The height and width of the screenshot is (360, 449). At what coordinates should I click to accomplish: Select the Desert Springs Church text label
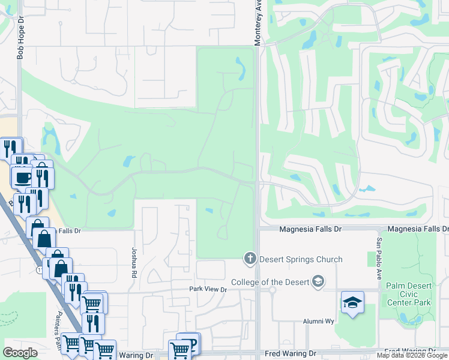point(301,259)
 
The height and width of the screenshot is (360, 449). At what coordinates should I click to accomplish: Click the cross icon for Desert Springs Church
point(250,259)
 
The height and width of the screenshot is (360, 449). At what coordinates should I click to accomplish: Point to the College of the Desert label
point(271,282)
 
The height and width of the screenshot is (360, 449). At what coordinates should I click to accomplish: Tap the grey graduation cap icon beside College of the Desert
point(318,282)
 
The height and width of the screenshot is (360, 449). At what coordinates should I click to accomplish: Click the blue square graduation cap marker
point(352,302)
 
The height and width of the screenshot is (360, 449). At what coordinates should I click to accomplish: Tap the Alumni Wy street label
point(321,321)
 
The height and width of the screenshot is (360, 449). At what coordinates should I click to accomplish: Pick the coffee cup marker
point(23,178)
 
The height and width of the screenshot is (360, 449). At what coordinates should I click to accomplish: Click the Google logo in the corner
point(20,352)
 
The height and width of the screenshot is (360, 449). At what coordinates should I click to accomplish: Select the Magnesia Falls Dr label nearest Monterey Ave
point(311,229)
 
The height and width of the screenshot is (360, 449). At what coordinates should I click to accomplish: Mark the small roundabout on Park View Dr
point(272,290)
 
